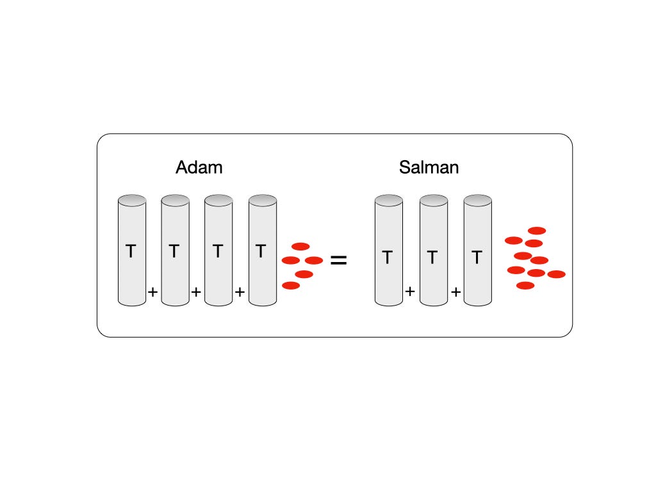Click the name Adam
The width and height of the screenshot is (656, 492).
(x=199, y=168)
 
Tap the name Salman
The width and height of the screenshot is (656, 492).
(x=429, y=168)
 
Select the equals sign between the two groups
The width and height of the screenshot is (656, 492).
(x=338, y=260)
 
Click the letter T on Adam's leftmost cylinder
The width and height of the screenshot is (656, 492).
(x=131, y=251)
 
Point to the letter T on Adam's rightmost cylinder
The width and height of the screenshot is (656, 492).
(x=261, y=251)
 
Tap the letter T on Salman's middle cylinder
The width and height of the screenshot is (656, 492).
(x=432, y=258)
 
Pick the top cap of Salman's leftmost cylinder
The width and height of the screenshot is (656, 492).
(x=389, y=200)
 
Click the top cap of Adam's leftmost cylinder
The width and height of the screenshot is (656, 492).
(x=132, y=200)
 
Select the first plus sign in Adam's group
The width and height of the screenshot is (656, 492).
(x=153, y=292)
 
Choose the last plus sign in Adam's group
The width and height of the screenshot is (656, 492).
(x=240, y=292)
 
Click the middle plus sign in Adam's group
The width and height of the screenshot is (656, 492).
(x=196, y=292)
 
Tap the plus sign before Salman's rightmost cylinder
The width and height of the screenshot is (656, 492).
(x=455, y=292)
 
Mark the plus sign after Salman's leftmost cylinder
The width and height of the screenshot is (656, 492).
(x=410, y=292)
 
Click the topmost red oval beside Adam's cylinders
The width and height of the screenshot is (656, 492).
(x=300, y=246)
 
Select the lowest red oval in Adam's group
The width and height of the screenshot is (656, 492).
(x=291, y=286)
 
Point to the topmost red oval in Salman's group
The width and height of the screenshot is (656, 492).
(x=537, y=231)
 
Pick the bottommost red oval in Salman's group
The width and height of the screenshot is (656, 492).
(x=525, y=286)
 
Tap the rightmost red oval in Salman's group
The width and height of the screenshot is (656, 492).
(x=557, y=274)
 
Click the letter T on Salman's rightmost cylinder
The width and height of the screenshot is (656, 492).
(x=477, y=258)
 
